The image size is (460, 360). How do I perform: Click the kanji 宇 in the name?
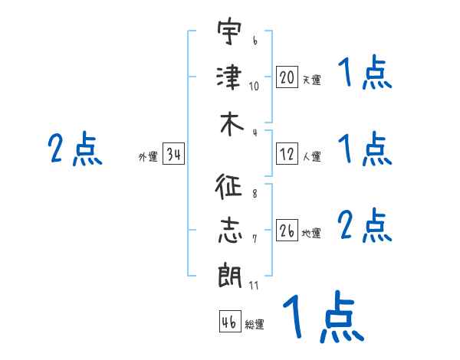[x=230, y=31]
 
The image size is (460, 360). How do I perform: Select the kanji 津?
[x=229, y=77]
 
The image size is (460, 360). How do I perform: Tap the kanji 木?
[x=232, y=125]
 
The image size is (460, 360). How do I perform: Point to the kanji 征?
[x=228, y=186]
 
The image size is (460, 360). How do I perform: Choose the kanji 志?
[x=230, y=231]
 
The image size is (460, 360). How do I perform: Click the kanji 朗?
[x=230, y=276]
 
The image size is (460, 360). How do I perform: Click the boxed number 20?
[x=287, y=77]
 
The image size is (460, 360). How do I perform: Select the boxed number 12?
[x=287, y=153]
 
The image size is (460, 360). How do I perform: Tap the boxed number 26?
[x=287, y=230]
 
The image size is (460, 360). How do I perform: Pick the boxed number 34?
[x=173, y=153]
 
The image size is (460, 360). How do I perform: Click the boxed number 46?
[x=230, y=321]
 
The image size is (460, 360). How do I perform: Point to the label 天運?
[x=311, y=80]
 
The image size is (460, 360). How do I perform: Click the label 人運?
[x=311, y=156]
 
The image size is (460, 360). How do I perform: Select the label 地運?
[x=311, y=233]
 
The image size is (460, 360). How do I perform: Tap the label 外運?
[x=148, y=156]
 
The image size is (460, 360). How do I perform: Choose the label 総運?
[x=255, y=324]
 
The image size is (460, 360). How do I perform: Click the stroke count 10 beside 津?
[x=254, y=87]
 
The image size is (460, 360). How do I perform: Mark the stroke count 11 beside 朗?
[x=254, y=285]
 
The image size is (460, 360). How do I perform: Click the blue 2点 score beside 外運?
[x=75, y=149]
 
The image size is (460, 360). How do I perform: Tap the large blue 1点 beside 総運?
[x=324, y=316]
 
